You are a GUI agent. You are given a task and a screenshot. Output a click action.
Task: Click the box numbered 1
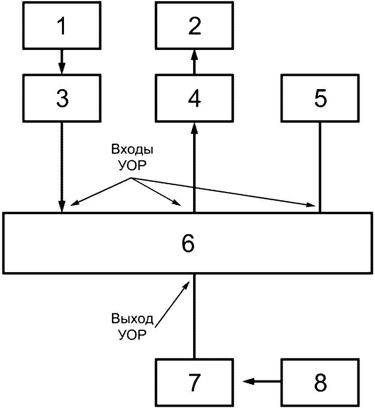[x=62, y=25]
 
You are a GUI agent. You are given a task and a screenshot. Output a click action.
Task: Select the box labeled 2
[x=194, y=25]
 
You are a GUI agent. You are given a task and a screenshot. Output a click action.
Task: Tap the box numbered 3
[x=62, y=98]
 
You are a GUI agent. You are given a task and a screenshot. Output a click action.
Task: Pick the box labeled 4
[x=194, y=98]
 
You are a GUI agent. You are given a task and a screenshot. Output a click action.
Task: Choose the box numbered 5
[x=320, y=98]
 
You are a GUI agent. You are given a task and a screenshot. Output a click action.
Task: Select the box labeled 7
[x=194, y=382]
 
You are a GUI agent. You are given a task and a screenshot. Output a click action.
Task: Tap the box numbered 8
[x=320, y=382]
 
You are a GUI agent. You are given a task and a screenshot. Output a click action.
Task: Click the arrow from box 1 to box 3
[x=62, y=62]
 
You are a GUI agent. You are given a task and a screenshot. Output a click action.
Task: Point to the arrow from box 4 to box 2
[x=194, y=62]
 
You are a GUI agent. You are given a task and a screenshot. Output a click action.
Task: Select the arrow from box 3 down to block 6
[x=62, y=167]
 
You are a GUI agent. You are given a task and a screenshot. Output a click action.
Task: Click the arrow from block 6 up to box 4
[x=194, y=167]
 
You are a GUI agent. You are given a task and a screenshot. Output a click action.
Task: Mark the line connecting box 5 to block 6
[x=320, y=167]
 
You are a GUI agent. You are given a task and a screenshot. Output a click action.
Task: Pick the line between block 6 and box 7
[x=194, y=316]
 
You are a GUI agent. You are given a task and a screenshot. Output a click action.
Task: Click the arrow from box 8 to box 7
[x=261, y=382]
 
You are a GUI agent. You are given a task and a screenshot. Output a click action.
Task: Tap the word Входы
[x=132, y=149]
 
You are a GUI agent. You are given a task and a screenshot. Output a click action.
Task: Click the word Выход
[x=132, y=319]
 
